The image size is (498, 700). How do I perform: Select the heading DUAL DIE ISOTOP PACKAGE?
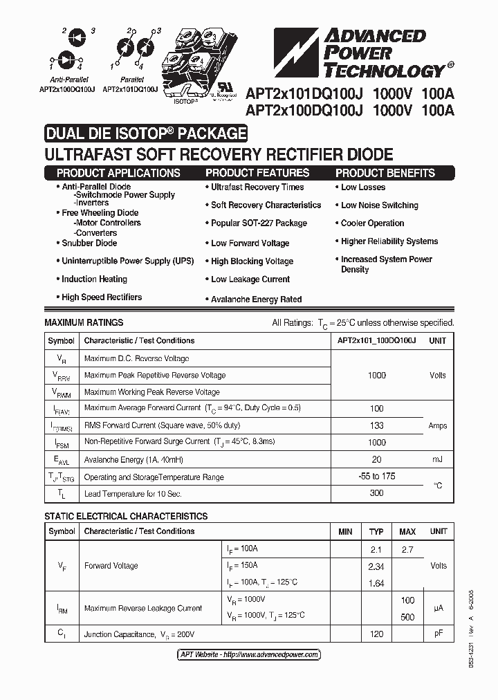tap(145, 133)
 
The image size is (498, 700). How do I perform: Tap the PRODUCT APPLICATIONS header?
tap(118, 173)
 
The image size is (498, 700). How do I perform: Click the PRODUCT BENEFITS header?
tap(385, 173)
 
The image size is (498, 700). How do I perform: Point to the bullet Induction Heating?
tap(94, 279)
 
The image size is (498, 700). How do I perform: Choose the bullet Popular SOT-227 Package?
tap(259, 223)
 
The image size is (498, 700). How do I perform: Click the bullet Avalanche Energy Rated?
tap(256, 300)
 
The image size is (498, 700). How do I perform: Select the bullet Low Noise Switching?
tap(379, 205)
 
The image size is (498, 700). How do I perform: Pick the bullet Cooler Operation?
tap(372, 223)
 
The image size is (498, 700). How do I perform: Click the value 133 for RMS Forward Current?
tap(376, 426)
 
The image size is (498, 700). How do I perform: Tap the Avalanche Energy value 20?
tap(376, 459)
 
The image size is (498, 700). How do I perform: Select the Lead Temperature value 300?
tap(376, 493)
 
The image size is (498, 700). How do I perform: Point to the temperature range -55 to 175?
tap(376, 477)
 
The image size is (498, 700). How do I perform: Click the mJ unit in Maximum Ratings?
tap(437, 459)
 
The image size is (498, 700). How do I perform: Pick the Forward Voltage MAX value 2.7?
tap(407, 549)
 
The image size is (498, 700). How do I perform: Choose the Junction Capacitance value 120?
tap(376, 634)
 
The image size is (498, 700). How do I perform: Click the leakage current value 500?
tap(407, 617)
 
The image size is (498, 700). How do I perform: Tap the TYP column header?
tap(376, 531)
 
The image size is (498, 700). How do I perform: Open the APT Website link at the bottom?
tap(249, 654)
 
